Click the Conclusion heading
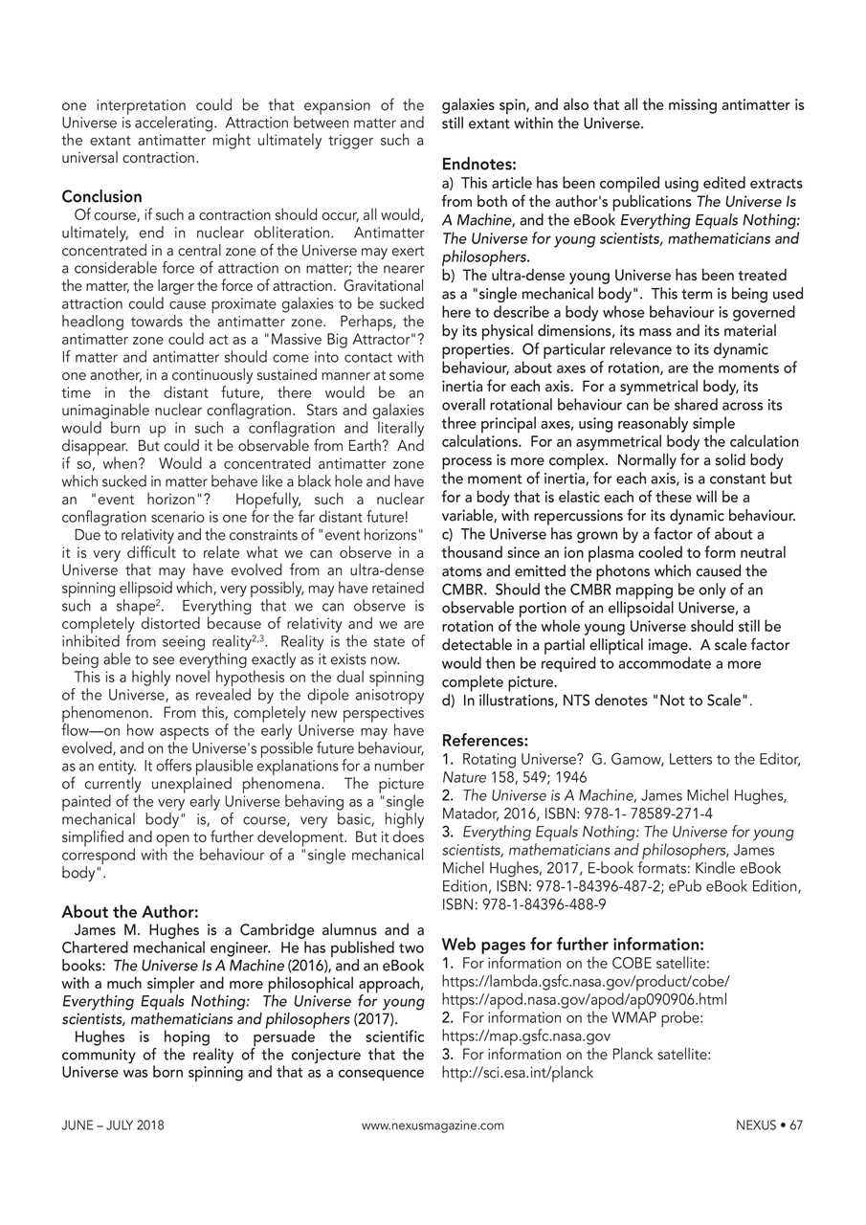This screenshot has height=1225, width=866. (101, 196)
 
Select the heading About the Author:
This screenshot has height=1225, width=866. (130, 911)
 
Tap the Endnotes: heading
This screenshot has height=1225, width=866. (478, 164)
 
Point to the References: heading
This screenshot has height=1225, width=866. (485, 740)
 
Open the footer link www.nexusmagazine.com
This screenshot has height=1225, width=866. (433, 1125)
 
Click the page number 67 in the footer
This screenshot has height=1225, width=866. (796, 1125)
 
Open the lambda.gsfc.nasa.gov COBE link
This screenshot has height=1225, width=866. (586, 981)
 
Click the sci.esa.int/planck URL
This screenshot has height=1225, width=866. (517, 1072)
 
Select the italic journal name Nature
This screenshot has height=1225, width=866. (462, 777)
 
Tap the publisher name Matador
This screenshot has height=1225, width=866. (468, 813)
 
